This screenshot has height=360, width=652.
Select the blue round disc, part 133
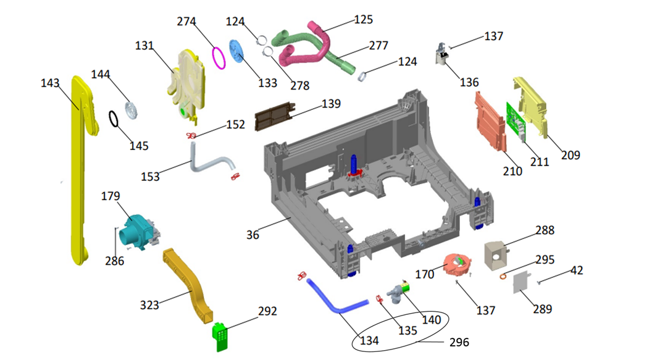click(236, 51)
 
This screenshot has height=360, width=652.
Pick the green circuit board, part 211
click(515, 120)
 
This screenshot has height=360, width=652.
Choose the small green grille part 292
click(220, 335)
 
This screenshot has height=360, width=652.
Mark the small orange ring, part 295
click(503, 276)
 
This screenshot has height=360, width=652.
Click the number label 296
click(459, 342)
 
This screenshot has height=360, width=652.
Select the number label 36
click(253, 235)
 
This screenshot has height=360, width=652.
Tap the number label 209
click(570, 155)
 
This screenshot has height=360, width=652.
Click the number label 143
click(50, 83)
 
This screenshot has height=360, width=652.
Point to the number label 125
click(363, 20)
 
